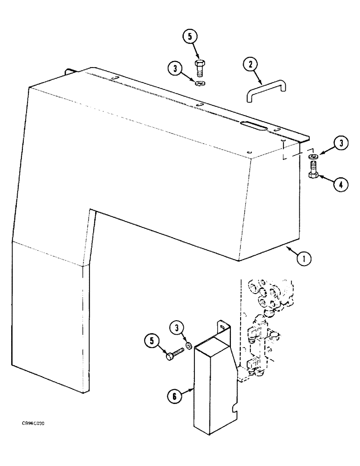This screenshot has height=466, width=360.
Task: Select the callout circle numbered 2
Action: [251, 66]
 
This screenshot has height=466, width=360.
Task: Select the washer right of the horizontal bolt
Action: [188, 346]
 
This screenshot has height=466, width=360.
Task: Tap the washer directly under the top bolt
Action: [202, 83]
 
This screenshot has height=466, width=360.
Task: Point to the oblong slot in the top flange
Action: [252, 124]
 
